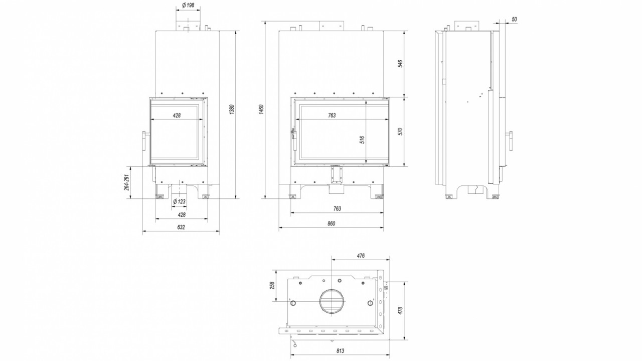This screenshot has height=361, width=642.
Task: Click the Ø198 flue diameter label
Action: (x=188, y=5)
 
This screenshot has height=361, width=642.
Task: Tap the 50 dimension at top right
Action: (x=514, y=19)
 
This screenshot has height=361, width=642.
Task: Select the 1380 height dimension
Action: (x=232, y=109)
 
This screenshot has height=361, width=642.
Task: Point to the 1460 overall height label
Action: (x=261, y=109)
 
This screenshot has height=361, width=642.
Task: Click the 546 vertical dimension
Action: (x=400, y=64)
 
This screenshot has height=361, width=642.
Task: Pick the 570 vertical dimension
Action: (x=400, y=132)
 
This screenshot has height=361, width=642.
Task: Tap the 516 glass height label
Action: (x=362, y=140)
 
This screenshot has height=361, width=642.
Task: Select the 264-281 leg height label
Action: (x=127, y=183)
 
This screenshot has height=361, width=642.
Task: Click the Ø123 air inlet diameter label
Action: (x=179, y=202)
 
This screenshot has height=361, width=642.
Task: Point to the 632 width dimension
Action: (x=181, y=227)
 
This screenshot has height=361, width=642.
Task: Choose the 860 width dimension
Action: (x=332, y=224)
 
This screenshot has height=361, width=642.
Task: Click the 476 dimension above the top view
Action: (x=361, y=256)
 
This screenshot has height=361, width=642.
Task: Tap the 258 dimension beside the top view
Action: (x=272, y=285)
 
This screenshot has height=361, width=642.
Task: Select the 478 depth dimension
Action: (x=400, y=311)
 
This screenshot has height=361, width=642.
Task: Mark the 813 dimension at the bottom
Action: (x=340, y=350)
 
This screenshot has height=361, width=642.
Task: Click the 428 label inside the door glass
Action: (x=177, y=115)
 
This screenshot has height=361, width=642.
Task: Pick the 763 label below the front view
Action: (x=338, y=209)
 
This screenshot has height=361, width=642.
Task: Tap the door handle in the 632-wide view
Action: (x=145, y=142)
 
